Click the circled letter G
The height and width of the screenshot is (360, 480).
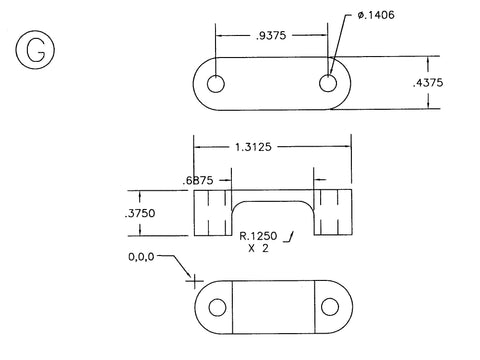(35, 50)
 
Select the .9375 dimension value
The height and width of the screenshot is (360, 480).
(271, 36)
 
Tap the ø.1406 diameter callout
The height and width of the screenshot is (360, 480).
(376, 15)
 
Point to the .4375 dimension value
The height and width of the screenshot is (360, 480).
(428, 83)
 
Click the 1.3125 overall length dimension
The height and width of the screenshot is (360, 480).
(253, 147)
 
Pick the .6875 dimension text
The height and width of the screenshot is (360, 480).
(198, 181)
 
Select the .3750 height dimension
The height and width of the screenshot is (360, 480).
(140, 213)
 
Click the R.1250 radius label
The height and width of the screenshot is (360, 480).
(258, 236)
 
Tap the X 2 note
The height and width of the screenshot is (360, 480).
(258, 248)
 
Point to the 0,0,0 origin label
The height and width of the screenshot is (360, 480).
(141, 257)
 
